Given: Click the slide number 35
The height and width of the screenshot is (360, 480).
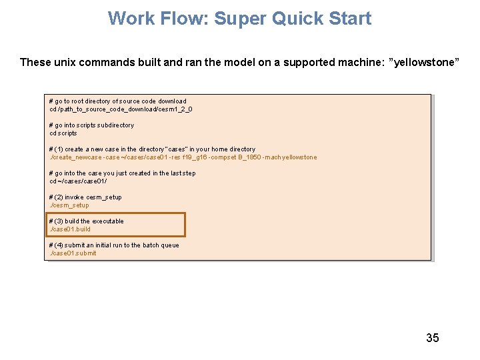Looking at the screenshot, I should tap(433, 337).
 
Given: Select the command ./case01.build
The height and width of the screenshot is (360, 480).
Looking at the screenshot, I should tap(70, 229).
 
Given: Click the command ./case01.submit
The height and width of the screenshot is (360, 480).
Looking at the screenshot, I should tap(73, 253).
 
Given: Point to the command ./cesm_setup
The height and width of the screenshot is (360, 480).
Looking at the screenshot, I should tap(69, 205).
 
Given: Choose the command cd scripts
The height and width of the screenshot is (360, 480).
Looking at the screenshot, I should tap(63, 133).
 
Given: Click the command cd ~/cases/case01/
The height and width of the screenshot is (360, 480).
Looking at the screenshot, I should tap(78, 181).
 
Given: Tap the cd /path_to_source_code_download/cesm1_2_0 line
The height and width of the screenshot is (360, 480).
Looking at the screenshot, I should tap(121, 109).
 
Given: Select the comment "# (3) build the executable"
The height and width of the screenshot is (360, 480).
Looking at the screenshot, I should tap(87, 221).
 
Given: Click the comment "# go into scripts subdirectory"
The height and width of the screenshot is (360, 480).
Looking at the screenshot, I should tap(91, 125).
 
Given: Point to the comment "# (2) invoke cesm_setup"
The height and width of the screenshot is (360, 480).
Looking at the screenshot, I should tap(85, 197).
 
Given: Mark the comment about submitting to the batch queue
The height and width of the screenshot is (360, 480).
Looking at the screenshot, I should tap(114, 245).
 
